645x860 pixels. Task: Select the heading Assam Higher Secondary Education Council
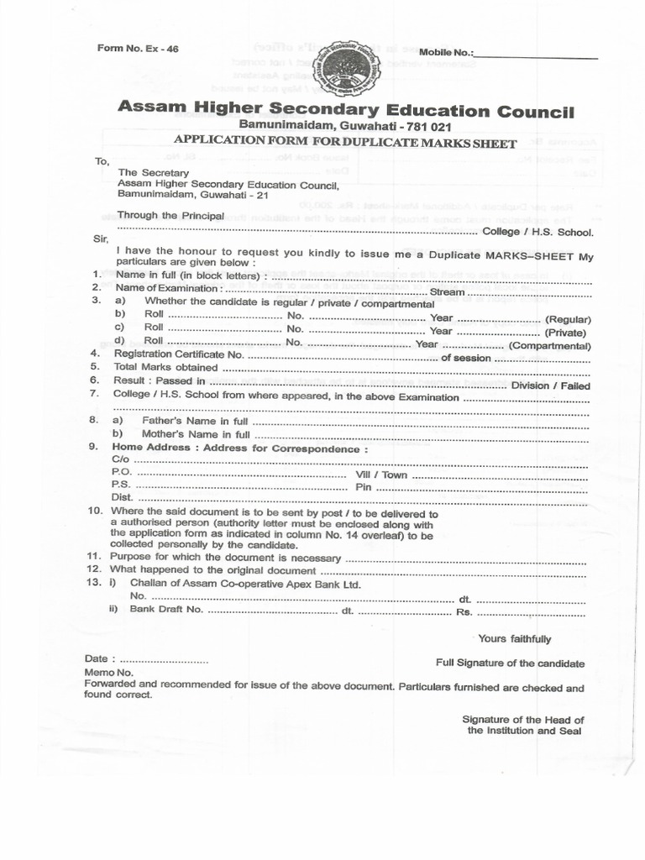tap(346, 109)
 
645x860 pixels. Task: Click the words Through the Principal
tap(170, 216)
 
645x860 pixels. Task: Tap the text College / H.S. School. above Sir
tap(537, 232)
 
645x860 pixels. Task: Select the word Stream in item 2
tap(447, 291)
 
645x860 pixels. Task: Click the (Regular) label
tap(568, 319)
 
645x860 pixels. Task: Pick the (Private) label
tap(569, 333)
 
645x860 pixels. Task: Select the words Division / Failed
tap(551, 385)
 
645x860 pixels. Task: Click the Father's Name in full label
tap(195, 420)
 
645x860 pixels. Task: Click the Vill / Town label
tap(381, 475)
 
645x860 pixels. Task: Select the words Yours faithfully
tap(514, 639)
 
